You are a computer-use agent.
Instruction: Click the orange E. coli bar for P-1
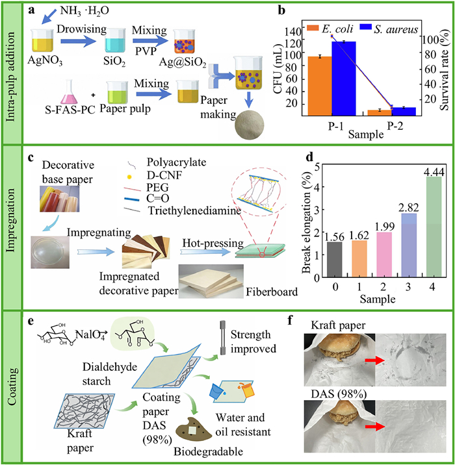coord(320,86)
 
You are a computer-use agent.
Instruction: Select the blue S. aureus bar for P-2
coord(404,111)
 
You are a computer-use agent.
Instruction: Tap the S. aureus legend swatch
coord(366,27)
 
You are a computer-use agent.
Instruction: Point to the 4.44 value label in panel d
coord(434,172)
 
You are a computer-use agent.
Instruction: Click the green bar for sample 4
coord(434,227)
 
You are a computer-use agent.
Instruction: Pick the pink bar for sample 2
coord(384,255)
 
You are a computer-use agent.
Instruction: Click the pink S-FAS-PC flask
coord(69,92)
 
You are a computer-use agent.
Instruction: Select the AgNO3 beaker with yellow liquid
coord(42,40)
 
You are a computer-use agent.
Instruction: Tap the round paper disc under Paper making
coord(250,125)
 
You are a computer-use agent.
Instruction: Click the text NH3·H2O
coord(84,10)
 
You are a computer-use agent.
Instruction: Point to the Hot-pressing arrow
coord(205,252)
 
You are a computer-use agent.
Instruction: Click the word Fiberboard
coord(272,292)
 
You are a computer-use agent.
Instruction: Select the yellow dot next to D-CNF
coord(129,177)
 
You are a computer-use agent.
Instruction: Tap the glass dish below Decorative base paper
coord(51,253)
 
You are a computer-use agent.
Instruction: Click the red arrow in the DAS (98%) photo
coord(375,427)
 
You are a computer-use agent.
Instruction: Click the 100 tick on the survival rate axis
coord(429,40)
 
